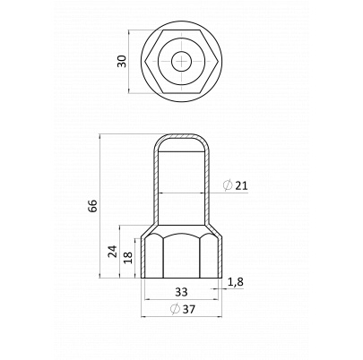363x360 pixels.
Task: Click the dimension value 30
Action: pyautogui.click(x=122, y=61)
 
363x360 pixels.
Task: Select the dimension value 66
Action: pyautogui.click(x=93, y=206)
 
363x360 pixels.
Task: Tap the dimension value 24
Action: pyautogui.click(x=112, y=252)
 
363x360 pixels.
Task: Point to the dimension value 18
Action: pyautogui.click(x=127, y=258)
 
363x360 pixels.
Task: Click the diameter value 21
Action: pyautogui.click(x=241, y=185)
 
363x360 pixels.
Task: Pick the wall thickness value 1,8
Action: pyautogui.click(x=236, y=282)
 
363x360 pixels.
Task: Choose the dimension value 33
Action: pyautogui.click(x=181, y=292)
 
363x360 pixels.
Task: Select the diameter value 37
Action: pyautogui.click(x=188, y=310)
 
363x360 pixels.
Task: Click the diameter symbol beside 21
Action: pyautogui.click(x=228, y=185)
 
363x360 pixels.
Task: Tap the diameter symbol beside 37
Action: pyautogui.click(x=175, y=309)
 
